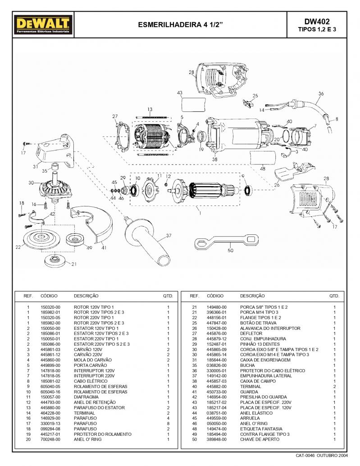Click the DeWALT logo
point(43,25)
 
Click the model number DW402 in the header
point(317,21)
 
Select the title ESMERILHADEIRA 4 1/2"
point(180,25)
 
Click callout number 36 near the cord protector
point(321,94)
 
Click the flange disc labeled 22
point(41,239)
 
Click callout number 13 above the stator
point(150,110)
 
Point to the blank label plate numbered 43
point(193,104)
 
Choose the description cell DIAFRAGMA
point(86,397)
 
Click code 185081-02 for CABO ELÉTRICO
point(50,381)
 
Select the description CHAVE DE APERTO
point(260,439)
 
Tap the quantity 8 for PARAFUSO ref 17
point(168,424)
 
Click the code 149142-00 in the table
point(217,376)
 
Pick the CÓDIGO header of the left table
point(49,296)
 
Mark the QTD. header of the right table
point(334,296)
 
